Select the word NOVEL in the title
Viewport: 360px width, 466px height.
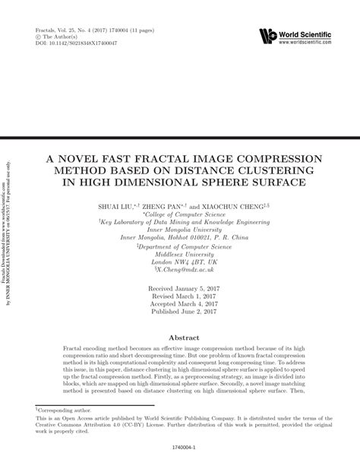(x=87, y=158)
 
